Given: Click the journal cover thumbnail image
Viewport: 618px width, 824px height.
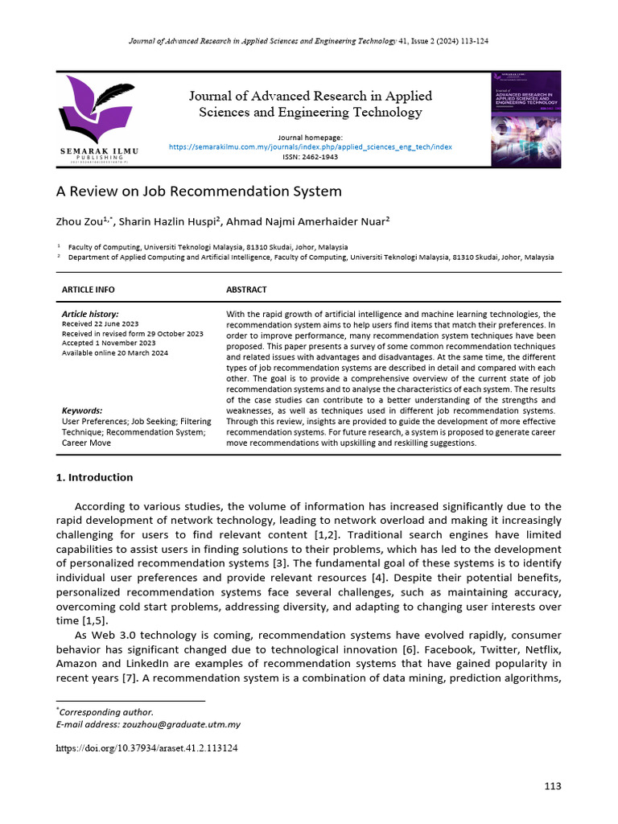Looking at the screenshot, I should [x=525, y=118].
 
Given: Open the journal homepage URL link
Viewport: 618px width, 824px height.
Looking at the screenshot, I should [x=310, y=147].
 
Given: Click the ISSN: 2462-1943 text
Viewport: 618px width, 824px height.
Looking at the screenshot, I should [x=310, y=157].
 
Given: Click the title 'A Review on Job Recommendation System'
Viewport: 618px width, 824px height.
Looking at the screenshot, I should [x=199, y=192].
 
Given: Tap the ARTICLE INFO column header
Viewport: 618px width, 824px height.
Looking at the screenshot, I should [x=88, y=290].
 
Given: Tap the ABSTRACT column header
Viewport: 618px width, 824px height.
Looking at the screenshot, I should [x=246, y=290].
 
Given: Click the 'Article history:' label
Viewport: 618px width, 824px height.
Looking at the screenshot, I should [x=90, y=314].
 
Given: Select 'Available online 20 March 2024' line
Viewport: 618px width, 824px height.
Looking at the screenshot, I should [x=115, y=352].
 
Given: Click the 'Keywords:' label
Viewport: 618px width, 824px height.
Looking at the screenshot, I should [x=82, y=410].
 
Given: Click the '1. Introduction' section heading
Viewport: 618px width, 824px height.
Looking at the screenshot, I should [x=94, y=477].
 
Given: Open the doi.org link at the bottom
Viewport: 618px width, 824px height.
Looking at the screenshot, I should [x=146, y=748].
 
